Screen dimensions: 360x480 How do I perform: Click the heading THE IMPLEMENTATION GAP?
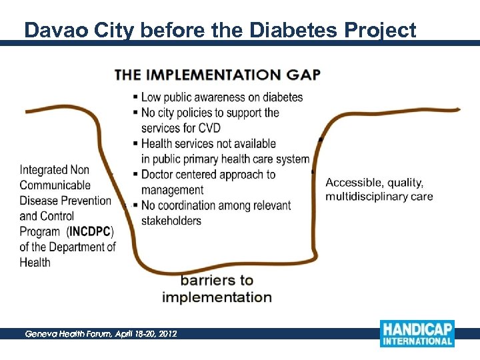[x=217, y=74]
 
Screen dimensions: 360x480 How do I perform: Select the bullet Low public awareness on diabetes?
[x=221, y=97]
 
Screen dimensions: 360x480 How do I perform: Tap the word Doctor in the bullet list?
[x=158, y=175]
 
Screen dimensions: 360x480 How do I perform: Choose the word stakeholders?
[x=171, y=221]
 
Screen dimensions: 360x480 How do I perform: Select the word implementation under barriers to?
[x=217, y=297]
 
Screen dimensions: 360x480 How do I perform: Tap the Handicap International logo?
[x=417, y=333]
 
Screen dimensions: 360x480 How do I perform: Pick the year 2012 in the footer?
[x=167, y=333]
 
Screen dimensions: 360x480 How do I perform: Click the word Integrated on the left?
[x=45, y=170]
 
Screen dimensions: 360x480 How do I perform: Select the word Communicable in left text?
[x=55, y=185]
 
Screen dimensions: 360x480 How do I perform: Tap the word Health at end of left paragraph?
[x=35, y=262]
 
